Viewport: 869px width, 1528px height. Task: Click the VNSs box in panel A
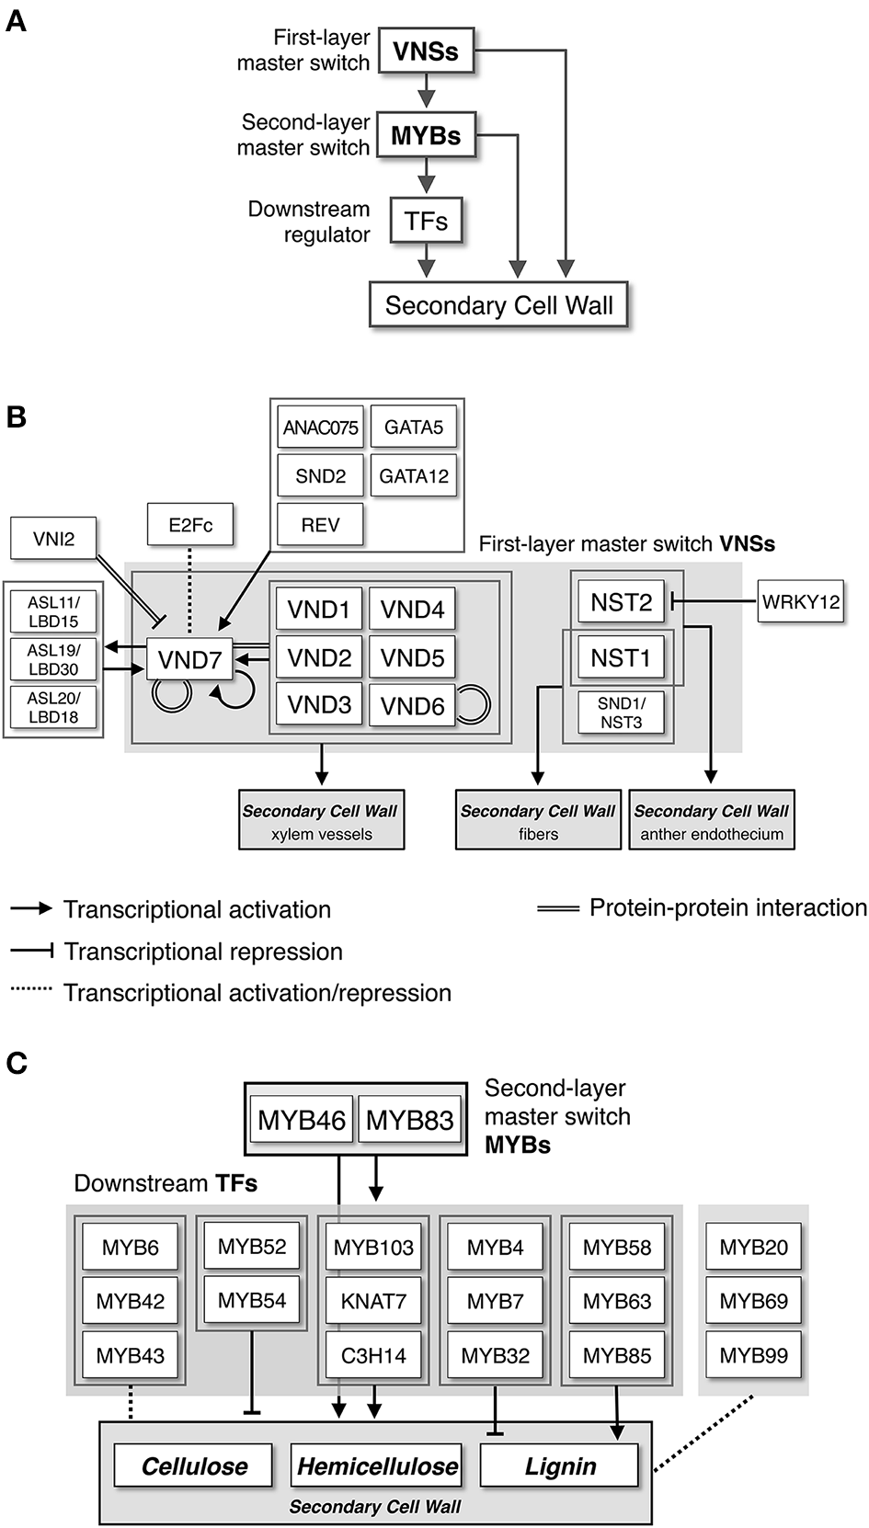pos(425,51)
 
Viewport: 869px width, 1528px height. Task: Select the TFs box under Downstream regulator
pos(425,221)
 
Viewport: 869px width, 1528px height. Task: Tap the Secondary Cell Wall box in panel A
pos(498,305)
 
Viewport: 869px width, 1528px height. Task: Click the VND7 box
pos(190,659)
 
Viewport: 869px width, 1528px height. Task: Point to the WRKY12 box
pos(800,603)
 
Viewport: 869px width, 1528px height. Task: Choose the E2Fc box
pos(191,525)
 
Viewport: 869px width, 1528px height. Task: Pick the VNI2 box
pos(53,539)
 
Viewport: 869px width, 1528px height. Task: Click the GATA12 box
pos(414,476)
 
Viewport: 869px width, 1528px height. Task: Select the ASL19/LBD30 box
pos(53,659)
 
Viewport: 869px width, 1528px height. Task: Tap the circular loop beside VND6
pos(474,705)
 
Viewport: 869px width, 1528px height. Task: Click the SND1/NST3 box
pos(621,713)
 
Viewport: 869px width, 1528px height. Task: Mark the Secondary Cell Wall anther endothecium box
pos(712,821)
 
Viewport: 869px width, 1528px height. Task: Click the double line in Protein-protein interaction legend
pos(557,908)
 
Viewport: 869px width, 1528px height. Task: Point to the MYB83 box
pos(409,1120)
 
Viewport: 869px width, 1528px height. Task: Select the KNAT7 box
pos(373,1301)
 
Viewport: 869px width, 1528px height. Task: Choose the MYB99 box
pos(753,1355)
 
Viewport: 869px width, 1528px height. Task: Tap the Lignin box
pos(560,1466)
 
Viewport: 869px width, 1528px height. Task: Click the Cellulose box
pos(194,1466)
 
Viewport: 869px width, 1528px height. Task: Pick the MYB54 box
pos(252,1300)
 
